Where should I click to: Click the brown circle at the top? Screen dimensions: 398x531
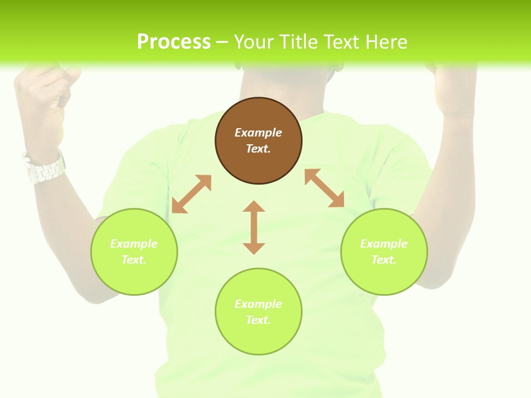[258, 141]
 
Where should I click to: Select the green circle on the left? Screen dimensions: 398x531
[134, 252]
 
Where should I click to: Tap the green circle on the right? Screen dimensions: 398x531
[384, 252]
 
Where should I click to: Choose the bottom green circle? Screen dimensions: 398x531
[258, 311]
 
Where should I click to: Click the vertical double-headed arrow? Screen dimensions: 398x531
[254, 227]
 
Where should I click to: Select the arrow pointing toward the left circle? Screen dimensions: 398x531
[191, 194]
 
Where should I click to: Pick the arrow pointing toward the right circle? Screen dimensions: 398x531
[325, 188]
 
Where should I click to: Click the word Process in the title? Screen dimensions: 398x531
[174, 41]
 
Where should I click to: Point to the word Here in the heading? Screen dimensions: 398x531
[387, 41]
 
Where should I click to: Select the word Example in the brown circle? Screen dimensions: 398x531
[258, 133]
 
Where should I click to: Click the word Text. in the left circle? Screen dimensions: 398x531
[134, 260]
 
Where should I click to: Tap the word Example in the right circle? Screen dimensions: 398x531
[384, 244]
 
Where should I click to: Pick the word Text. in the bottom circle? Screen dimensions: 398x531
[258, 320]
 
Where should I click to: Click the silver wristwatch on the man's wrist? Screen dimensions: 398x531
[44, 167]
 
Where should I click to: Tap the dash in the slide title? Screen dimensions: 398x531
[222, 42]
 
